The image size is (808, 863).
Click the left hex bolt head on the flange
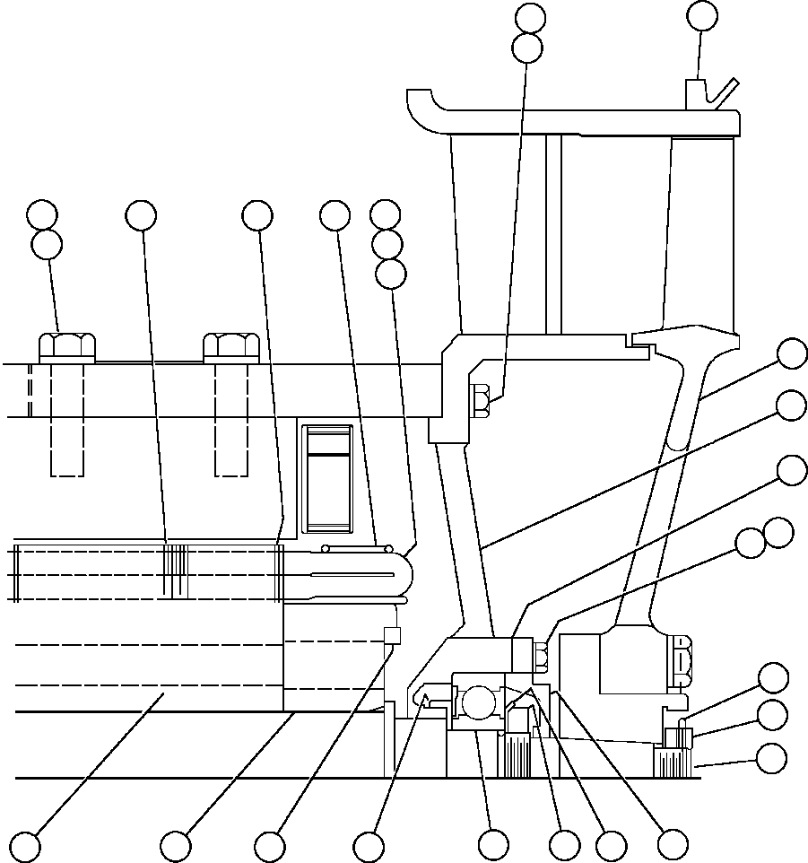tap(67, 346)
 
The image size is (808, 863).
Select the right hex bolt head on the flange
tap(231, 346)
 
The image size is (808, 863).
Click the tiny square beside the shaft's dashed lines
tap(391, 635)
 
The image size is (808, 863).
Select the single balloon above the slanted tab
tap(701, 14)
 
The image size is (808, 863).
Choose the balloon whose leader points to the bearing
tap(492, 845)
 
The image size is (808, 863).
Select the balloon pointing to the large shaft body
tap(24, 845)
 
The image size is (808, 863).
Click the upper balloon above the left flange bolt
tap(42, 214)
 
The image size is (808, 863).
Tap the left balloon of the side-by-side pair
tap(750, 541)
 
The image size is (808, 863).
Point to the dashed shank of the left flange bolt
tap(67, 419)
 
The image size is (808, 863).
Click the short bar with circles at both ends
tap(356, 548)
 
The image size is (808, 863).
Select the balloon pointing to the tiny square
tap(269, 845)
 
